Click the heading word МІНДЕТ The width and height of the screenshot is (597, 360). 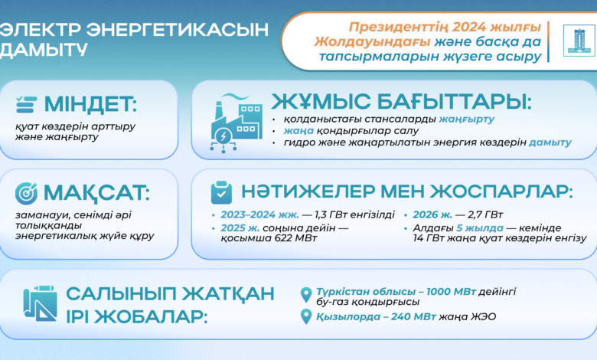[x=90, y=104]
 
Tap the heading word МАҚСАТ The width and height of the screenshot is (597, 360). [x=96, y=193]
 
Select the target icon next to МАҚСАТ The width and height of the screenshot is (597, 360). [x=26, y=193]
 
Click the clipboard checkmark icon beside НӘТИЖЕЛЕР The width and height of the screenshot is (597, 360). [x=221, y=192]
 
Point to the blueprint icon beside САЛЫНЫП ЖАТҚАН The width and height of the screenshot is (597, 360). [x=40, y=303]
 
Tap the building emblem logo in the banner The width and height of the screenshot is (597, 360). [x=579, y=41]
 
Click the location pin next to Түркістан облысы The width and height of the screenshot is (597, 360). [x=306, y=295]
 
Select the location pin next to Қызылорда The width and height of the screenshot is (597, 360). [x=306, y=316]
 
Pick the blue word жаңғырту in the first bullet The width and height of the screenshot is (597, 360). [x=466, y=119]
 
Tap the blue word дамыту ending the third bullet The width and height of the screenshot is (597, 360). [x=550, y=142]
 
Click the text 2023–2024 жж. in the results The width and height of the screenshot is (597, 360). [x=259, y=215]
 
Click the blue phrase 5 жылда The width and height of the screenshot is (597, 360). [x=480, y=228]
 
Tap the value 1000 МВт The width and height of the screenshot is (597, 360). [x=451, y=291]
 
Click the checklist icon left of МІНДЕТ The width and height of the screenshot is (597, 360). [x=27, y=104]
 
